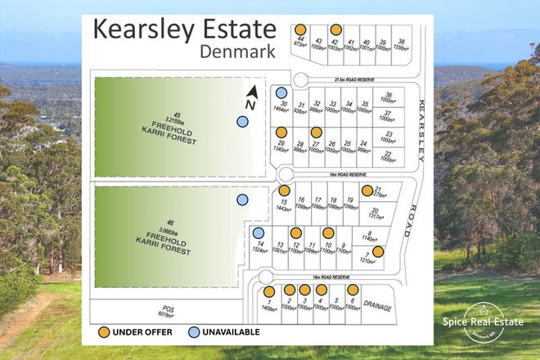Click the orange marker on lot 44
coord(303,29)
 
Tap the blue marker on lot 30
coord(281,93)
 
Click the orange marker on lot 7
coord(378,252)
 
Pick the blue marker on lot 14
coord(258,233)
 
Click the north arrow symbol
coord(252,97)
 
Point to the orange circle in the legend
coord(104,332)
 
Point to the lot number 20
coord(374,211)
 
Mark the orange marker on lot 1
coord(268,291)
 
